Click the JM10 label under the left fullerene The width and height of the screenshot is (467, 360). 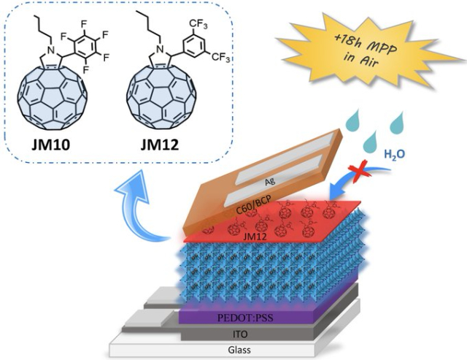50,145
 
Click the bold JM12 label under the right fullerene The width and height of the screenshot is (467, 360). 160,145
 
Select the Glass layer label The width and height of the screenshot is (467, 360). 239,349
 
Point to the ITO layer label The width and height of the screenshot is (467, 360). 240,334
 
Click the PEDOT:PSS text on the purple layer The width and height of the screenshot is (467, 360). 245,318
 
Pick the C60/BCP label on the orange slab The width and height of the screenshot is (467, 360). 253,206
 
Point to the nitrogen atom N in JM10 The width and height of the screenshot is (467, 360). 51,50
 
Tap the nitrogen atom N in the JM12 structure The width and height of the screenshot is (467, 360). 161,49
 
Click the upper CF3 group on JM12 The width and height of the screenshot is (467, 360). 198,25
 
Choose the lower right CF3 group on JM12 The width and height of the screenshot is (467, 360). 220,57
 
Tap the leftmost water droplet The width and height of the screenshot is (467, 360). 353,121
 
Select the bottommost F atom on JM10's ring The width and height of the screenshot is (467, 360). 85,71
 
